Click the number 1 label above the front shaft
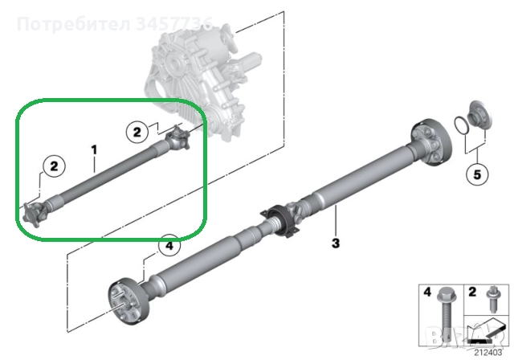click(94, 149)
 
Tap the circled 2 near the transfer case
click(137, 130)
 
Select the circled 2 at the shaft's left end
click(54, 166)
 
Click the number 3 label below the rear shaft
click(336, 243)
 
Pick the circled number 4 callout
click(168, 246)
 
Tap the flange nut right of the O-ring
click(479, 114)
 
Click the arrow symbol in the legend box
click(481, 332)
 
